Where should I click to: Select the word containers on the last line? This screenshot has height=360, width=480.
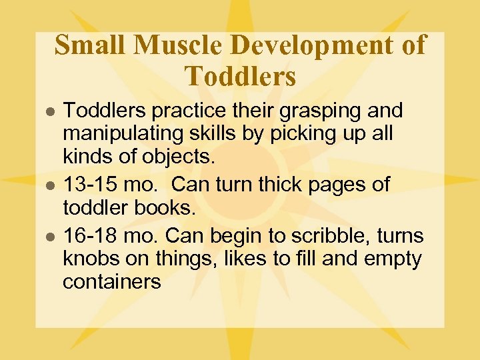111,281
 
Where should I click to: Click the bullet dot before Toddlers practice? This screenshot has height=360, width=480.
48,110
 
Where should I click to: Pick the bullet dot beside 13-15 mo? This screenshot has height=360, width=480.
48,185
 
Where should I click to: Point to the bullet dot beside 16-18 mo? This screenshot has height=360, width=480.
48,237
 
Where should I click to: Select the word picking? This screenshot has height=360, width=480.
301,134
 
